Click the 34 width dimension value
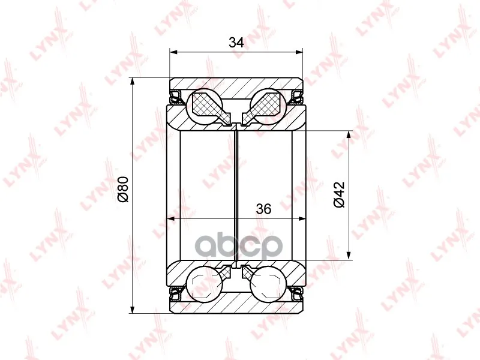coord(236,43)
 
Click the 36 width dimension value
coord(263,209)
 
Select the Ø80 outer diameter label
coord(123,189)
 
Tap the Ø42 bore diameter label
coord(339,194)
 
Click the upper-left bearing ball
coord(205,107)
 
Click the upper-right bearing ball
coord(268,107)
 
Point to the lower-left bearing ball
coord(205,284)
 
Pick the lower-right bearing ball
coord(268,284)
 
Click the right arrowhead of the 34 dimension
coord(298,52)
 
